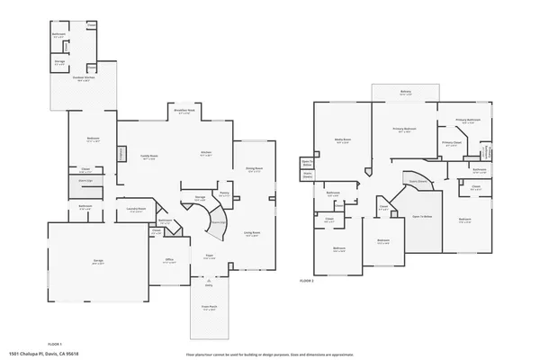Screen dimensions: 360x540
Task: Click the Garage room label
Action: point(98,261)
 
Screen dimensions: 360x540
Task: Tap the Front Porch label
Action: point(207,307)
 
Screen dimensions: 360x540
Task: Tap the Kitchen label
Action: point(205,152)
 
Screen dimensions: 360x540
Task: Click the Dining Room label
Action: point(254,168)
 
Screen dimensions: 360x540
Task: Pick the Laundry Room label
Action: point(136,209)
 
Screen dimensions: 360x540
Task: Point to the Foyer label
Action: point(207,256)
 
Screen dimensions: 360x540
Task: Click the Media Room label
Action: point(341,140)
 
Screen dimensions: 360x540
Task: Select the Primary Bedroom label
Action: point(404,130)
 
